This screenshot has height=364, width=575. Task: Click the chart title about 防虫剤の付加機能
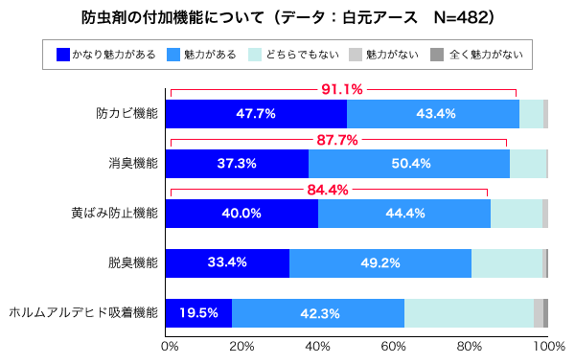[x=287, y=18]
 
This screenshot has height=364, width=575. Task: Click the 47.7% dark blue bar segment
[x=256, y=114]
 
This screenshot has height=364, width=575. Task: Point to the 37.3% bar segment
[x=237, y=164]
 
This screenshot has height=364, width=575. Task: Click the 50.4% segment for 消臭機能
[x=410, y=164]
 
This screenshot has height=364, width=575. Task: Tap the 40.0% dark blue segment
[x=241, y=214]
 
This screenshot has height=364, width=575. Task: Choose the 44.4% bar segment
[x=405, y=214]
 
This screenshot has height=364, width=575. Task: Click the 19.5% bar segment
[x=198, y=313]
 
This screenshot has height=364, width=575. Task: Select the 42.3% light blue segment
[x=319, y=313]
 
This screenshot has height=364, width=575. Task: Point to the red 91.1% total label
[x=341, y=90]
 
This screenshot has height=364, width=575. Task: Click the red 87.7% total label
[x=336, y=140]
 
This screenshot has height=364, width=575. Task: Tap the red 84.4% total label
[x=329, y=190]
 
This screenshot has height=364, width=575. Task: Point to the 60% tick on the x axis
[x=394, y=345]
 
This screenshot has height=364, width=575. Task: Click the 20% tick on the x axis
[x=242, y=345]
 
